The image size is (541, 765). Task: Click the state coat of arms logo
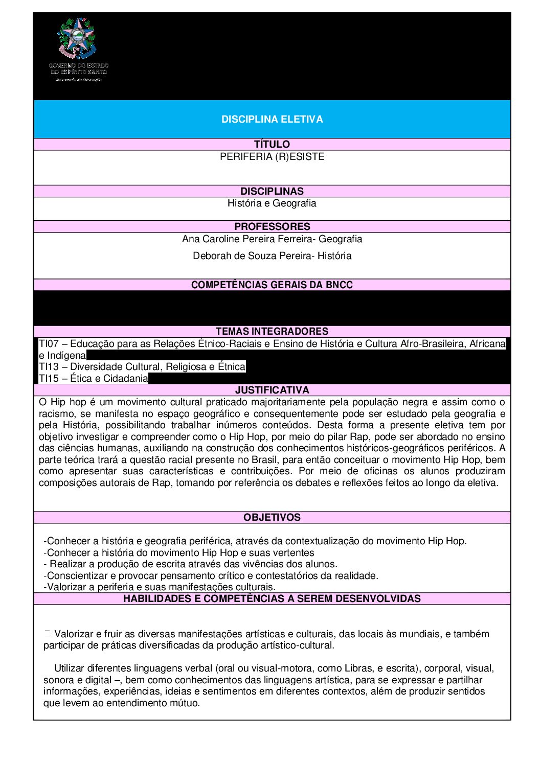(77, 39)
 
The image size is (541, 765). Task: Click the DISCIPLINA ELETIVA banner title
(272, 119)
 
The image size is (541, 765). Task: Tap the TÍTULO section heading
(272, 144)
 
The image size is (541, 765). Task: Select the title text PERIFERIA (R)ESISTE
(272, 157)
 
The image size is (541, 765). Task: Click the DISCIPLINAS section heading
(272, 191)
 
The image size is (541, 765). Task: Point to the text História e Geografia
(272, 203)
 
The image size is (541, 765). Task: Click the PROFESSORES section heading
(272, 226)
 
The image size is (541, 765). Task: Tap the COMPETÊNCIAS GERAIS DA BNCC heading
(272, 285)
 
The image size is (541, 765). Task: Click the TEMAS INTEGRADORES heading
(272, 331)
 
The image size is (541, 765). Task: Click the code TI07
(49, 344)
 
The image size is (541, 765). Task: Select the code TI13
(49, 367)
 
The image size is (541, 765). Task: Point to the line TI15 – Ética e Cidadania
(94, 379)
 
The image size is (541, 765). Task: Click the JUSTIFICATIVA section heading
(272, 390)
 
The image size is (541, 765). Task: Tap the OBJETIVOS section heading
(272, 517)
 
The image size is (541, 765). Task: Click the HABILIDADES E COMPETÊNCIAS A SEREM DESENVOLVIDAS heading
(272, 598)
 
